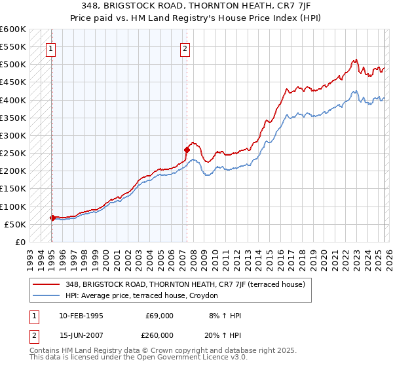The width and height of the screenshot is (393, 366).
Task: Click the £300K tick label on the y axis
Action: tap(13, 136)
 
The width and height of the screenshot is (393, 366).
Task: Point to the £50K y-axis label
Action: tap(15, 224)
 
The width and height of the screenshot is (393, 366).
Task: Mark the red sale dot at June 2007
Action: tap(187, 150)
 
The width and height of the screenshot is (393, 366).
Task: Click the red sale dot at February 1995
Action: tap(52, 218)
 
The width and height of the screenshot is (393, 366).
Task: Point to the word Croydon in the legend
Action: tap(212, 295)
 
